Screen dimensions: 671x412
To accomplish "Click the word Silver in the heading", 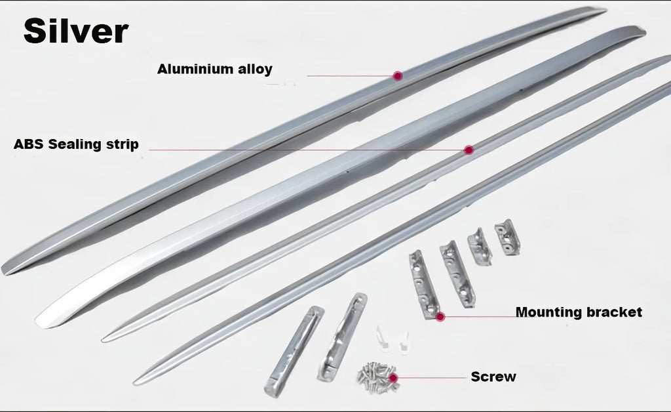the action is [76, 31].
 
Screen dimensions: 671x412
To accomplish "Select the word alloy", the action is [255, 70].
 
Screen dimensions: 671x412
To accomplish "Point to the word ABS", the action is [28, 144].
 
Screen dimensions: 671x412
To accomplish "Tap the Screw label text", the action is [493, 377].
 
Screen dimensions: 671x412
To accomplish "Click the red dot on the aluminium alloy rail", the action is [398, 76].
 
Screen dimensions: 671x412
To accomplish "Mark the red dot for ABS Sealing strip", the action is [469, 150].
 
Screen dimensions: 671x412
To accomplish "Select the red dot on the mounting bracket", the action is [440, 317].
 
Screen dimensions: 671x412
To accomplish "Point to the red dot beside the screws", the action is [393, 378].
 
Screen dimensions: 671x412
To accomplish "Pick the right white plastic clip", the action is [404, 342].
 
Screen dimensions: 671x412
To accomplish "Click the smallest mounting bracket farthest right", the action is [507, 237].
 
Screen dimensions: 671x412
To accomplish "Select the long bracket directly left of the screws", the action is [341, 337].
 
